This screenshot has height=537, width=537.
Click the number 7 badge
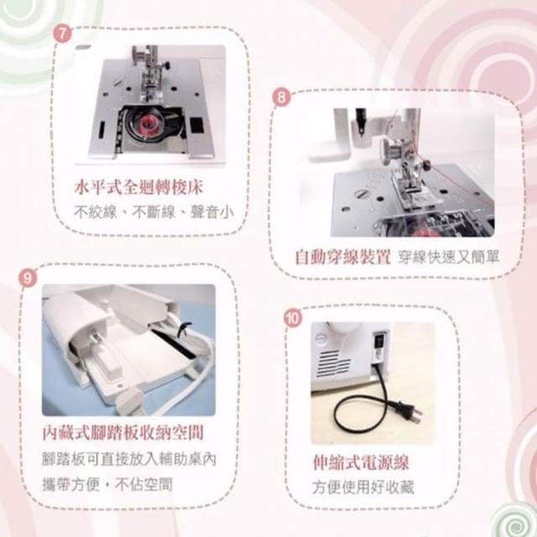[x=63, y=34]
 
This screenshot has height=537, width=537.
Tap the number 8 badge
[x=281, y=97]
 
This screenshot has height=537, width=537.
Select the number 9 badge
[x=28, y=277]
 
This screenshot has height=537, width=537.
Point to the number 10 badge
[x=293, y=318]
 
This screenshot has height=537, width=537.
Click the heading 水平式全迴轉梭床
[x=138, y=187]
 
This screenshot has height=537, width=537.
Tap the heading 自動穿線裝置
[x=342, y=258]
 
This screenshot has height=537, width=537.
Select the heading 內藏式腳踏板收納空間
[x=123, y=433]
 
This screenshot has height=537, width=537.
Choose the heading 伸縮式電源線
[x=361, y=462]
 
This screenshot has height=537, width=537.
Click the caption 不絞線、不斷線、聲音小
[x=154, y=212]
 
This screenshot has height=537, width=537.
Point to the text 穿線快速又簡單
[x=448, y=258]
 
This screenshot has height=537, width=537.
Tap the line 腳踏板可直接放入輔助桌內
[x=129, y=459]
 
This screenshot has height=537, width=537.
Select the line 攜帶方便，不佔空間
[x=107, y=484]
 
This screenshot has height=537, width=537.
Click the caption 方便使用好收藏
[x=363, y=487]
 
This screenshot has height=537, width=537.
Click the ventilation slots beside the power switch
[x=333, y=363]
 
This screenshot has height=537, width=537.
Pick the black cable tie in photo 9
[x=183, y=330]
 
